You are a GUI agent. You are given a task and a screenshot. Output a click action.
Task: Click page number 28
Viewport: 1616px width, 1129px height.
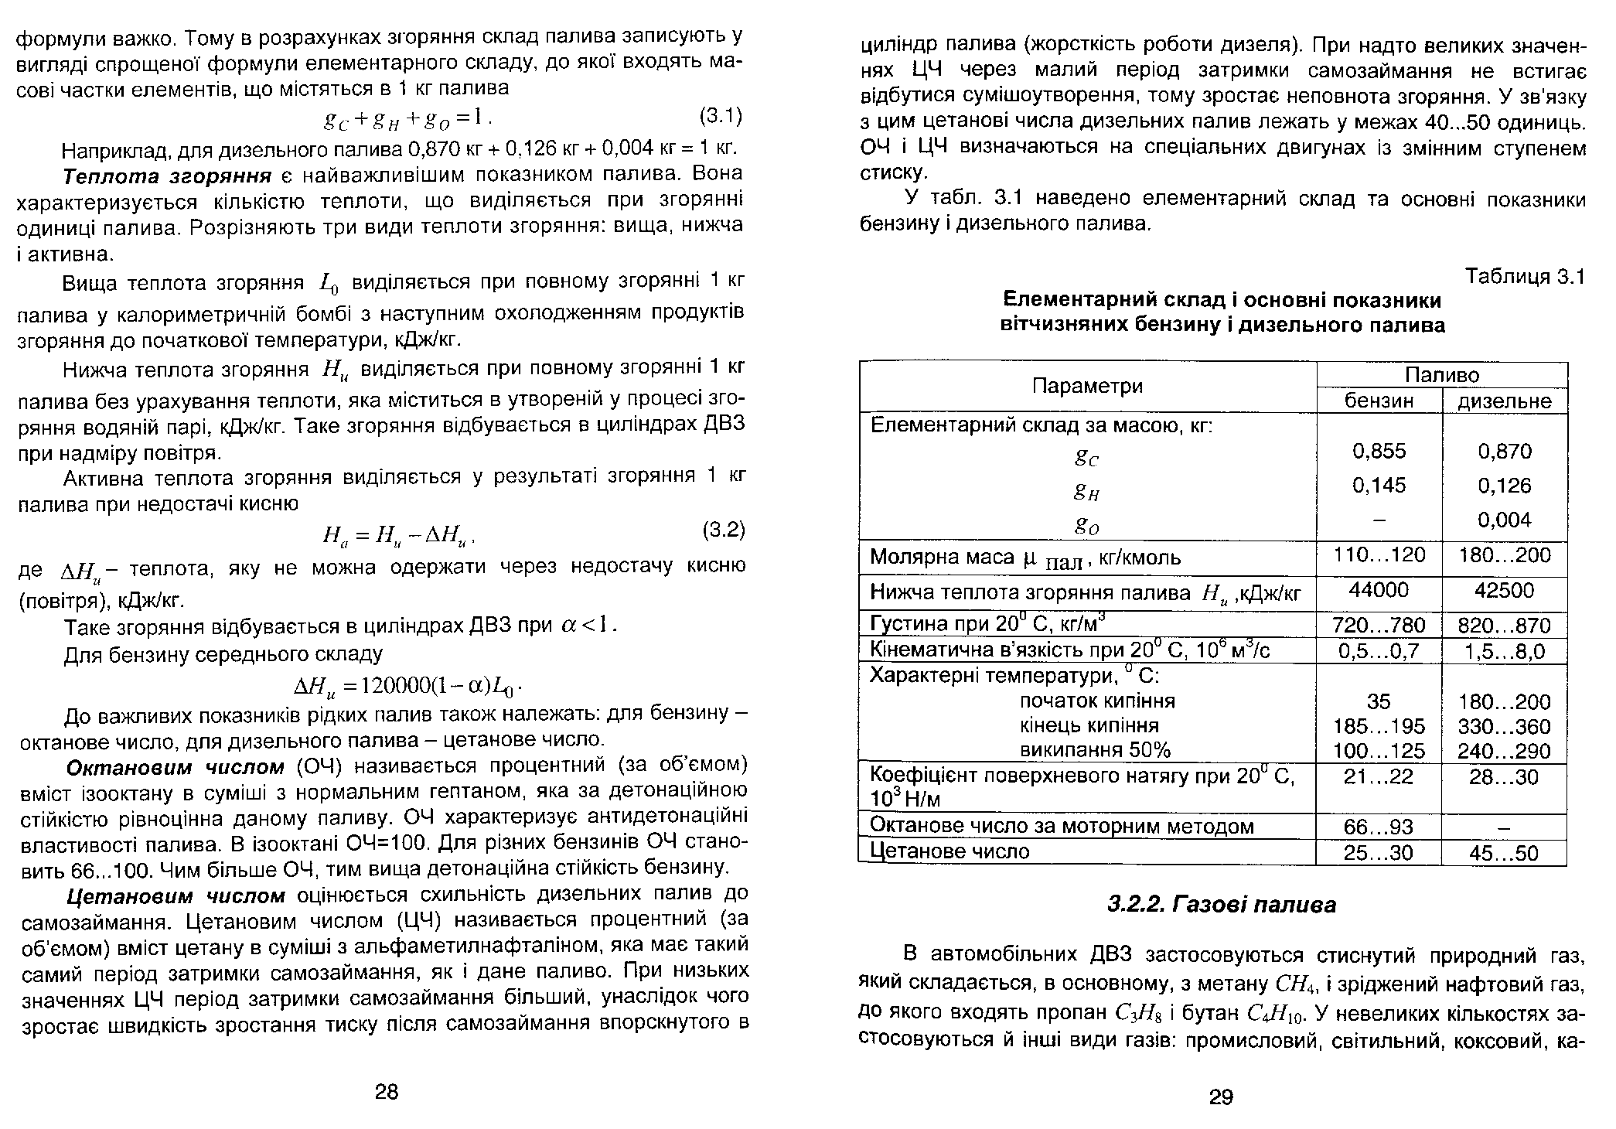[386, 1092]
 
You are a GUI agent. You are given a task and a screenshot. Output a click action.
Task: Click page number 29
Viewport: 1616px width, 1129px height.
[1221, 1097]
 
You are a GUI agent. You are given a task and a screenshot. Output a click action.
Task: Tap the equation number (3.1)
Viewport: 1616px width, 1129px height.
[721, 117]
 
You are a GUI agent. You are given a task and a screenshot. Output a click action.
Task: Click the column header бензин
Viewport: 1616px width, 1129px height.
[1379, 401]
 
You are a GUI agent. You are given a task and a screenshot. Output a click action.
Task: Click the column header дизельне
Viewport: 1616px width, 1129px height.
[1504, 401]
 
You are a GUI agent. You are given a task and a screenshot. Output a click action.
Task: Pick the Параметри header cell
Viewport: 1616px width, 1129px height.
[1087, 386]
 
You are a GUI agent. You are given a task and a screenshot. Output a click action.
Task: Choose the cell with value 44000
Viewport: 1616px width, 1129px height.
[1379, 591]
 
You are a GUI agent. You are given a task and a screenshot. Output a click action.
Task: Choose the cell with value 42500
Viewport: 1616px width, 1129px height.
[1504, 591]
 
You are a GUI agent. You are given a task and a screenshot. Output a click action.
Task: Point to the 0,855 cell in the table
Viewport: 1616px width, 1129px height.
[1379, 451]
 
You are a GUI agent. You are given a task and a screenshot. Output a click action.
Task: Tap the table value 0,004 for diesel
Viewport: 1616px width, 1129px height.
[1504, 520]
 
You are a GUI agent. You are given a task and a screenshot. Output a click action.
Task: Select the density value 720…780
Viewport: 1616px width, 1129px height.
[1379, 625]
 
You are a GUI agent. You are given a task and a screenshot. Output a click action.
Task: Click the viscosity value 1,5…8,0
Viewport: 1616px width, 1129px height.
[1504, 652]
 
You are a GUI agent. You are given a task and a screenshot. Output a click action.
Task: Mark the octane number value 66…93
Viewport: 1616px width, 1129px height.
[1379, 827]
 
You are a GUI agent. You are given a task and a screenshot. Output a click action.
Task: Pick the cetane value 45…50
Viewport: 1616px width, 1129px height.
[1504, 854]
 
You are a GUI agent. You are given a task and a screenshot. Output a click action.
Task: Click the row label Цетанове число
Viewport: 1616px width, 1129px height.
[950, 851]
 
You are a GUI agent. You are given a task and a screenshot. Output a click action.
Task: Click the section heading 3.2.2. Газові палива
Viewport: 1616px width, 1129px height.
[1221, 904]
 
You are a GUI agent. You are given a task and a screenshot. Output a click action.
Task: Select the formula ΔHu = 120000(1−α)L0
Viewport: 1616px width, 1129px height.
[410, 686]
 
